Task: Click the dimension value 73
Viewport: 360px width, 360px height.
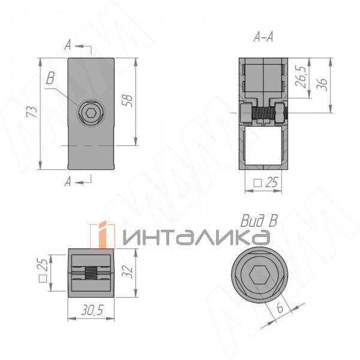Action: [32, 112]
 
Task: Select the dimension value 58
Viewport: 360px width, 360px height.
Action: [127, 100]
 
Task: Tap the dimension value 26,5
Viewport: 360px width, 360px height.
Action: [301, 76]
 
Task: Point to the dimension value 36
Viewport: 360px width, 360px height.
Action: [322, 85]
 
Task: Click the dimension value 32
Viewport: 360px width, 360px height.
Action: [127, 272]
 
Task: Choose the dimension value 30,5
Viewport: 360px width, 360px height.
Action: [92, 310]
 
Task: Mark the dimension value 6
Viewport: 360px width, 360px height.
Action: [280, 307]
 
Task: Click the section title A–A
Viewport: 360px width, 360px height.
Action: [263, 37]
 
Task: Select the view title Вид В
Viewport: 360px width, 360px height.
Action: [259, 221]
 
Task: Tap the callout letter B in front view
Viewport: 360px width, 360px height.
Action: [50, 78]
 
